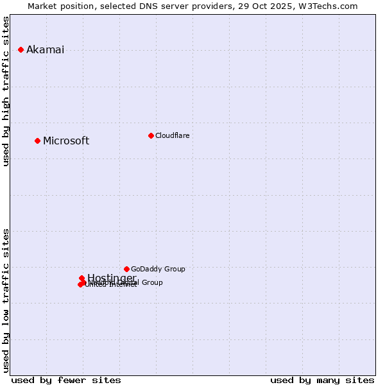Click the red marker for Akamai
[x=21, y=49]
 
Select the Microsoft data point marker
[x=37, y=141]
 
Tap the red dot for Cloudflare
[x=151, y=135]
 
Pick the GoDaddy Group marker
[x=126, y=269]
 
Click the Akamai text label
[x=45, y=50]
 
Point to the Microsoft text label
[x=66, y=141]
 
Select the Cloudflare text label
[x=172, y=135]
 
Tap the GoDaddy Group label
[x=158, y=269]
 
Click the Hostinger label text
[x=112, y=278]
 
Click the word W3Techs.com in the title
[x=330, y=6]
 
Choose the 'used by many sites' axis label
[x=322, y=380]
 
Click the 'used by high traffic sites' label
[x=6, y=91]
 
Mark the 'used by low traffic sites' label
[x=6, y=300]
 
